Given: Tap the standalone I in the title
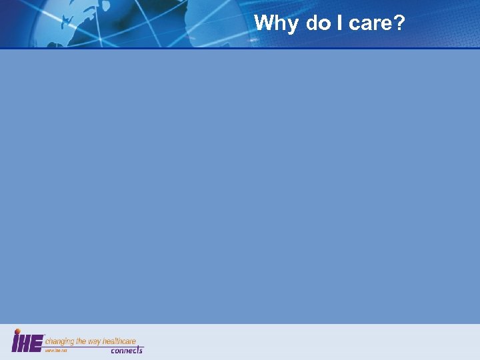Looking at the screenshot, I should coord(339,23).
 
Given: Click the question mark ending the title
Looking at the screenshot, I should coord(399,23).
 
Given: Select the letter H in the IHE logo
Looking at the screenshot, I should coord(26,343).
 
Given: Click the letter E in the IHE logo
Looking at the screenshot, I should coord(37,343).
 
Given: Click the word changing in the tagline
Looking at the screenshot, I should coord(60,341).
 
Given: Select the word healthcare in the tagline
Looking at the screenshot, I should coord(119,341).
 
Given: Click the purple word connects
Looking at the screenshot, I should coord(126,351).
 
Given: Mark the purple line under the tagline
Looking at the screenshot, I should coord(93,347).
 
